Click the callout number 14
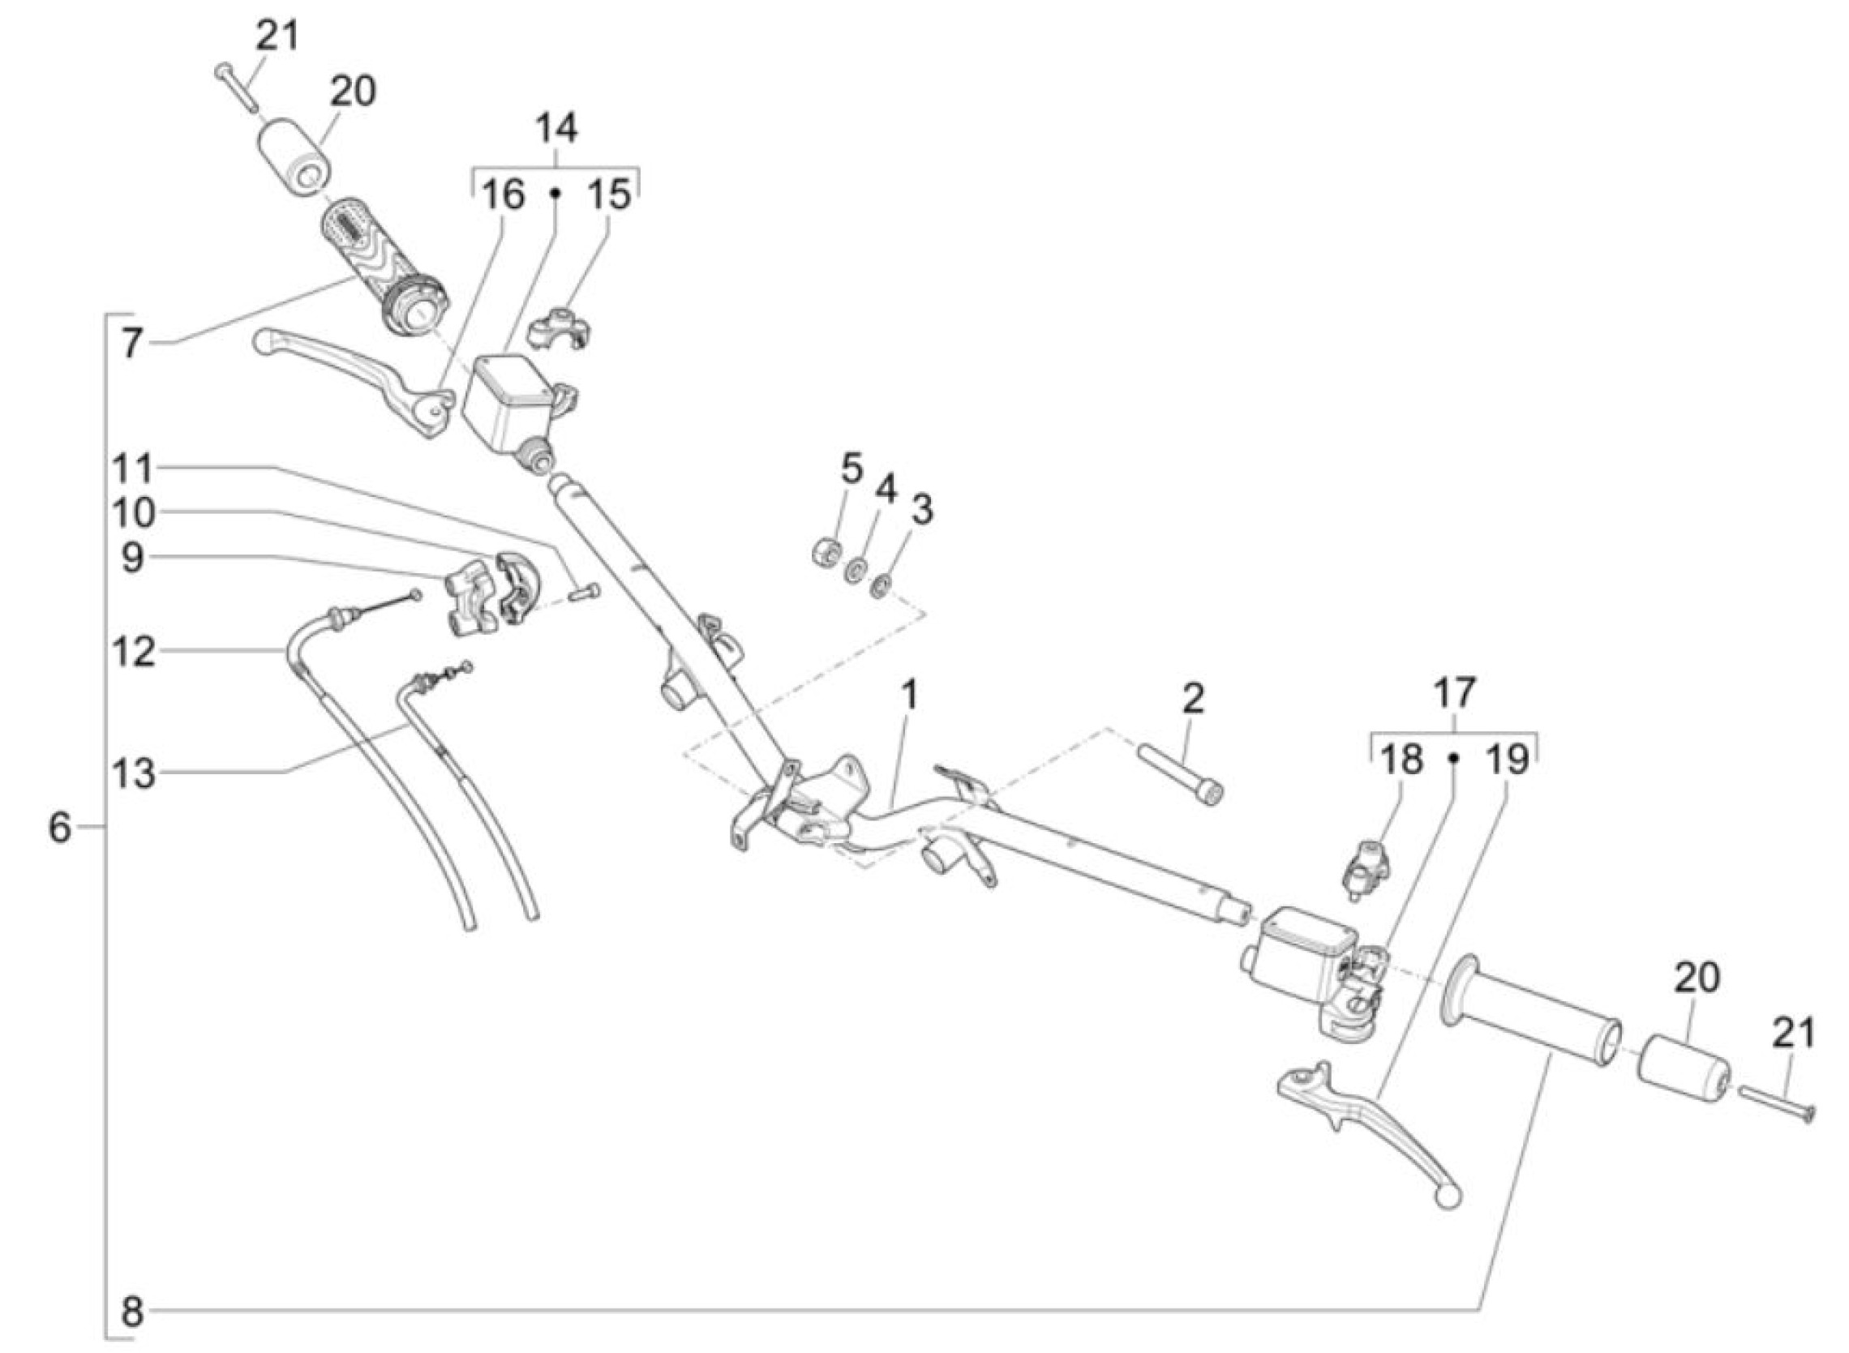556,129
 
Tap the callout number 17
1454,693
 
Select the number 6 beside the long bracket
60,828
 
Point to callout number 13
135,773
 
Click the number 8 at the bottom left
133,1312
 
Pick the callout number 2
1194,699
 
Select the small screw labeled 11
582,592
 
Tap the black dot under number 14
555,194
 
